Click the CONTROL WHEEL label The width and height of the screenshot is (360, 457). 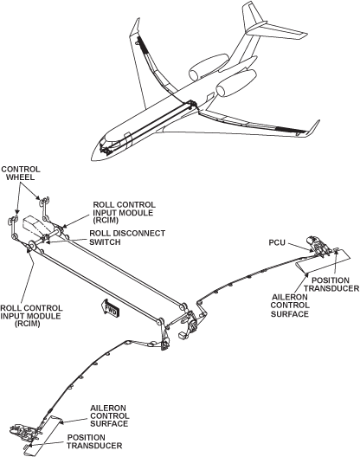tap(21, 173)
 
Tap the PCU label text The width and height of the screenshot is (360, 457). tap(277, 242)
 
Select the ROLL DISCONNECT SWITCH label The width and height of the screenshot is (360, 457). tap(127, 237)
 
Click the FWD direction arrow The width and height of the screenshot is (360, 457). tap(110, 308)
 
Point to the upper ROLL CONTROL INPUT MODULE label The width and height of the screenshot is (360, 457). tap(124, 213)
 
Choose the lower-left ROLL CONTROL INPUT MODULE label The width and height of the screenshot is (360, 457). tap(31, 316)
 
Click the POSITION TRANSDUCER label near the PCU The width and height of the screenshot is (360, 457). tap(331, 285)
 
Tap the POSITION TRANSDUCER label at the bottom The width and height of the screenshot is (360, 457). tap(94, 441)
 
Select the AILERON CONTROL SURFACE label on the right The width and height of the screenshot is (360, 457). tap(290, 306)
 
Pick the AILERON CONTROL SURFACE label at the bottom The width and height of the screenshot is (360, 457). tap(109, 416)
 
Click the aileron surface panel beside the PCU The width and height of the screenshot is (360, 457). tap(323, 261)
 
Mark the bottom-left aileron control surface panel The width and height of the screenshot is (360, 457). tap(43, 435)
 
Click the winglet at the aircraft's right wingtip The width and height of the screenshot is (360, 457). tap(313, 127)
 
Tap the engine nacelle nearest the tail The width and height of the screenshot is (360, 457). tap(209, 67)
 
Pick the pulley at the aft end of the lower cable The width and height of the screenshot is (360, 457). tap(160, 322)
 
